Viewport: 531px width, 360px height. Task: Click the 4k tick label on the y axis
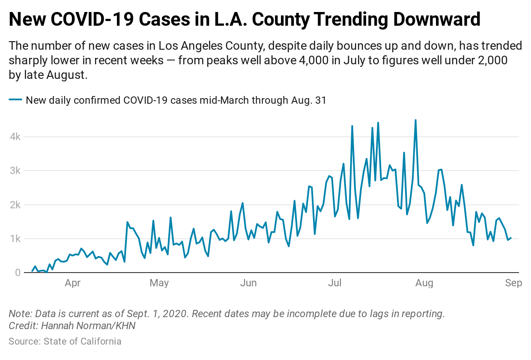(x=15, y=137)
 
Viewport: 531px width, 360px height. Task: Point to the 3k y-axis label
(x=15, y=171)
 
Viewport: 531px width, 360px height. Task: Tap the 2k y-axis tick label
(x=15, y=205)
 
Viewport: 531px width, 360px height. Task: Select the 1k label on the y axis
(x=15, y=239)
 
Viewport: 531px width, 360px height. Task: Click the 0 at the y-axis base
(x=18, y=273)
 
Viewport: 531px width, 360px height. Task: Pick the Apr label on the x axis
(x=73, y=283)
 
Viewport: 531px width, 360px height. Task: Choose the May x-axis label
(x=159, y=283)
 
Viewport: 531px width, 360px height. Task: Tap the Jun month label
(x=248, y=283)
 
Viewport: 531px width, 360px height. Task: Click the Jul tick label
(x=335, y=283)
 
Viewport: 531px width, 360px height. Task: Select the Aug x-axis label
(x=424, y=283)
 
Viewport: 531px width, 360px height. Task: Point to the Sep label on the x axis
(x=513, y=283)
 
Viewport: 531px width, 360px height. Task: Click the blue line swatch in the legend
(x=15, y=100)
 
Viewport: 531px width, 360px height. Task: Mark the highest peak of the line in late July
(x=415, y=120)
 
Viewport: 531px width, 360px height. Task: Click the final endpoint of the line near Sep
(x=510, y=238)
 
